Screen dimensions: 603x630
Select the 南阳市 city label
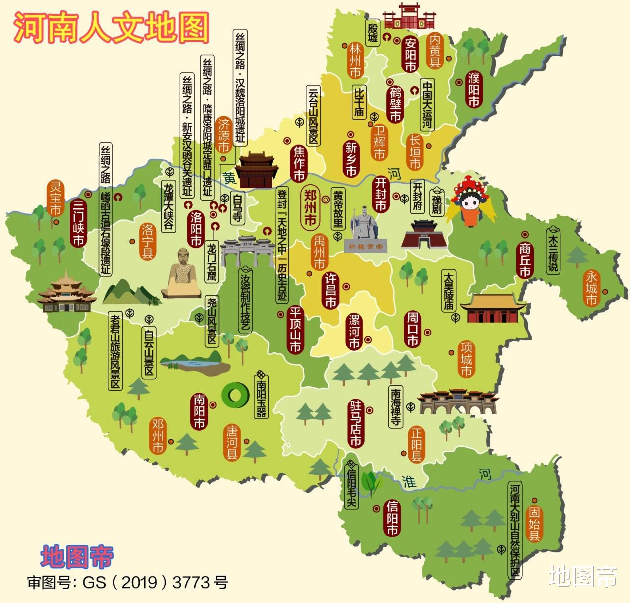pyautogui.click(x=200, y=411)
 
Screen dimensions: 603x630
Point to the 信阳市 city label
pyautogui.click(x=392, y=518)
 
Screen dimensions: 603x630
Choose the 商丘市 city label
pyautogui.click(x=525, y=260)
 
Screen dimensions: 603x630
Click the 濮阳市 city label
pyautogui.click(x=473, y=89)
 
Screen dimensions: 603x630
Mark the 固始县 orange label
pyautogui.click(x=534, y=524)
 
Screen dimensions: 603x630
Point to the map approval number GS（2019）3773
pyautogui.click(x=128, y=582)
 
